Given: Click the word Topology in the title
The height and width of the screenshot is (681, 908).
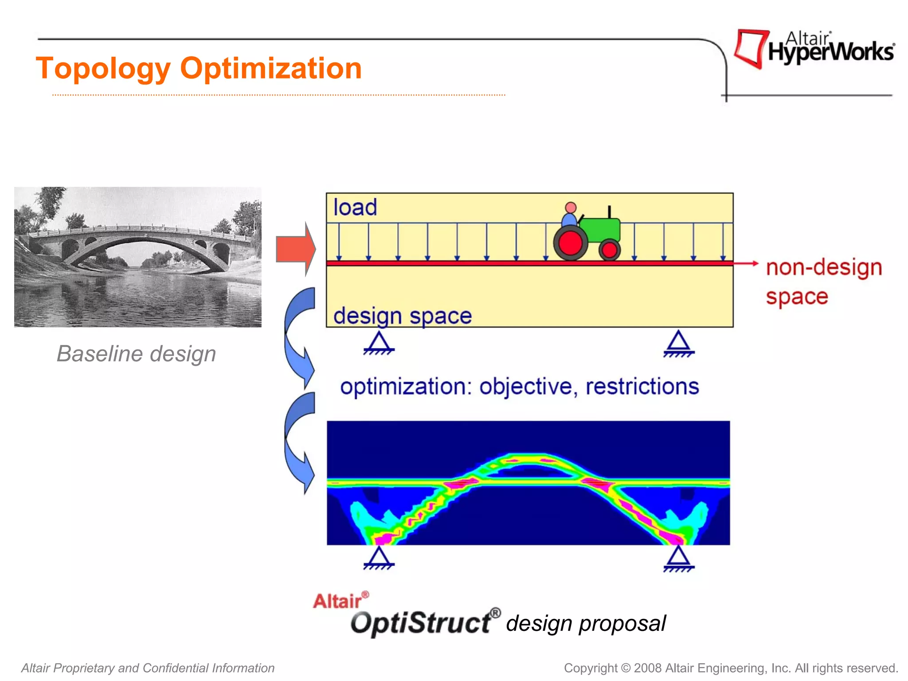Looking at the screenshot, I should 103,69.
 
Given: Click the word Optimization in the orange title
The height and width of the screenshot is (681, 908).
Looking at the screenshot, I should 271,69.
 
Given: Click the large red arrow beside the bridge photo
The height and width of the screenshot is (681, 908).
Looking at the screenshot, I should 294,249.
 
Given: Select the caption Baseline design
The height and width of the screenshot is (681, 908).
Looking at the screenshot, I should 136,354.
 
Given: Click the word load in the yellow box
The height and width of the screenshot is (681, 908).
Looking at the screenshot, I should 355,207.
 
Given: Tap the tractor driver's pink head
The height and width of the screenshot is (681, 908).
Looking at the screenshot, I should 571,208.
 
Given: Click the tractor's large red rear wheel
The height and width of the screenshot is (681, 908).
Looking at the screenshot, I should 571,243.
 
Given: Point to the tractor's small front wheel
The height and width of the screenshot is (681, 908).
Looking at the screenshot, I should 610,250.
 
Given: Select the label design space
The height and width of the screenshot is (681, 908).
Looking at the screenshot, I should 402,316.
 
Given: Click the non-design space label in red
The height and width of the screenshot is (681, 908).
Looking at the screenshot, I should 823,282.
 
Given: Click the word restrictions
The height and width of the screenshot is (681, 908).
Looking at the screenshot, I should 642,386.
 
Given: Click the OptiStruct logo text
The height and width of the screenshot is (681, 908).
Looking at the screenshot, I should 421,623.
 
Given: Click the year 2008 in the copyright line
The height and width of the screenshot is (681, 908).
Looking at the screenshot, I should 648,668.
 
